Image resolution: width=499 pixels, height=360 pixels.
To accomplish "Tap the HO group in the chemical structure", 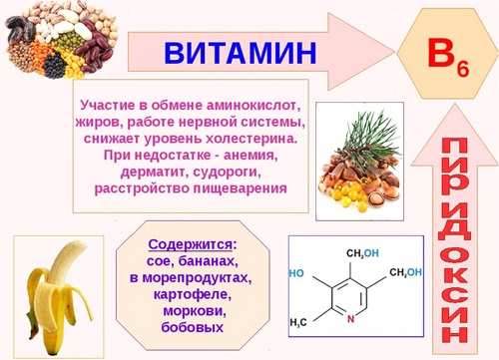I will click(x=296, y=272).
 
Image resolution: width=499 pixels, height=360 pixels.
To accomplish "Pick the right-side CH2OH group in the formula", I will click(x=405, y=272).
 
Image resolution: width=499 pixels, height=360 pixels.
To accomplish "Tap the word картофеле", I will click(x=191, y=294).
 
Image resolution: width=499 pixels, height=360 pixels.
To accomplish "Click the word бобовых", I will click(x=191, y=327).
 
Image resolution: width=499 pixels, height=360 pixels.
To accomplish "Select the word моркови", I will click(x=191, y=311).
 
